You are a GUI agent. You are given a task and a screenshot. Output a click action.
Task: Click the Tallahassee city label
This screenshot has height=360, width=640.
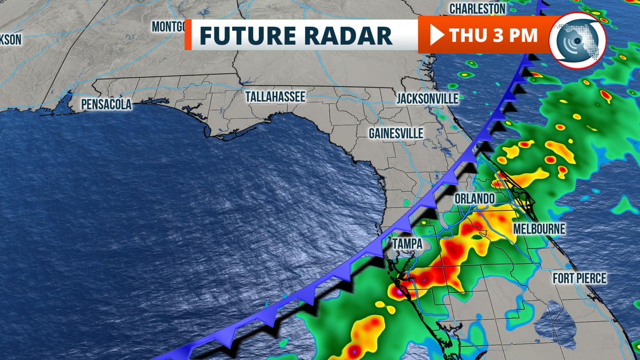tap(275, 97)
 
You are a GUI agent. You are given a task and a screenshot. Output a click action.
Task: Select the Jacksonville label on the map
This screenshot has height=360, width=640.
tap(428, 99)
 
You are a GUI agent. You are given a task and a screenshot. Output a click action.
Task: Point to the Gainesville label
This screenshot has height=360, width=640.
tap(396, 133)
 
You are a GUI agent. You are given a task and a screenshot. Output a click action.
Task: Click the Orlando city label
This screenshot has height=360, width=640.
tap(474, 198)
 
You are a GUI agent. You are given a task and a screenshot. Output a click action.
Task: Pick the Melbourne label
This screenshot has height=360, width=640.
tap(539, 229)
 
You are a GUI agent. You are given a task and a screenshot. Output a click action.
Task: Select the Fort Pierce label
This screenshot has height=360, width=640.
tap(579, 278)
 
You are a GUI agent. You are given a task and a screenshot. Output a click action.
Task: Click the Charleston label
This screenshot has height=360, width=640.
tap(477, 9)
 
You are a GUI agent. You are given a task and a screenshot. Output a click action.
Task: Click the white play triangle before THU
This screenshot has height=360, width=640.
tap(436, 36)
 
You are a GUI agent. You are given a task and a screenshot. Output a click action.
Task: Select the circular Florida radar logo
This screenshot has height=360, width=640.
tap(578, 41)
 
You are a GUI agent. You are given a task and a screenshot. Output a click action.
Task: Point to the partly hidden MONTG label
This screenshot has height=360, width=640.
tap(169, 27)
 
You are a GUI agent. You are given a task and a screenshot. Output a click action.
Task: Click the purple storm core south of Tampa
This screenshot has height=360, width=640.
tap(398, 292)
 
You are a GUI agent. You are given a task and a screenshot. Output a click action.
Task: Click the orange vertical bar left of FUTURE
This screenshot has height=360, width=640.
tap(188, 36)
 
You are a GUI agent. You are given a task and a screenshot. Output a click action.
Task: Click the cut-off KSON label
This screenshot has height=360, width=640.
tap(10, 39)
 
